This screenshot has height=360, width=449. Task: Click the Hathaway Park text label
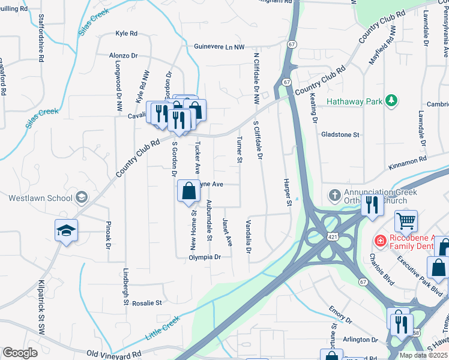point(354,101)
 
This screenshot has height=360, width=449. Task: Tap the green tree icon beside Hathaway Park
point(391,100)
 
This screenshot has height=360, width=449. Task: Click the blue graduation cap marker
point(66,230)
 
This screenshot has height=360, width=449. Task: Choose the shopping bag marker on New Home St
point(188,191)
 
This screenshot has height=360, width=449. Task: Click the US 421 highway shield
point(333,238)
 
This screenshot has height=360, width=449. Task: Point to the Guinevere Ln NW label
point(220,46)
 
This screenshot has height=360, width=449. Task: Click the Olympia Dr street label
point(205,257)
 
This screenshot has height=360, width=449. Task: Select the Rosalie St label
point(147,304)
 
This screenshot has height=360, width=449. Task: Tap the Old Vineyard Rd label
point(114,355)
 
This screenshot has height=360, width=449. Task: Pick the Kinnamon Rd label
point(406,160)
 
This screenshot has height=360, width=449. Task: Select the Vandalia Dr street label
point(248,236)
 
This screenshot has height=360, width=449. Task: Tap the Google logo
point(20,353)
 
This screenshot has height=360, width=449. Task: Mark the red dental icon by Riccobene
point(379,241)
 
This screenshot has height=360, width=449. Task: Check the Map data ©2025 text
point(423,355)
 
